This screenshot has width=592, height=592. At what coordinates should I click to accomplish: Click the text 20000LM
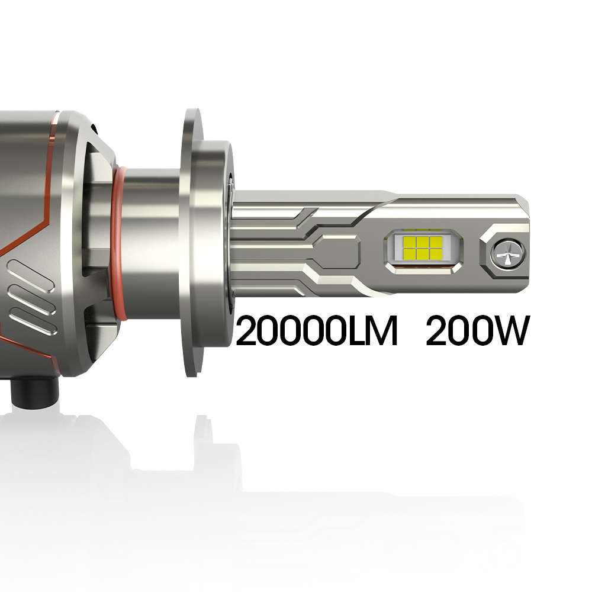point(316,331)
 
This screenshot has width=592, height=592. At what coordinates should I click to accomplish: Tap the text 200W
point(476,331)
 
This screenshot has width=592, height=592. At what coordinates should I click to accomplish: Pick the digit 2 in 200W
point(437,331)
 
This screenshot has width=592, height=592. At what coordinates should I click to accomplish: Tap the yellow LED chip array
point(422,247)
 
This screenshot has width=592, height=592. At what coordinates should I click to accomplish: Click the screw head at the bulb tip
point(508,253)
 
